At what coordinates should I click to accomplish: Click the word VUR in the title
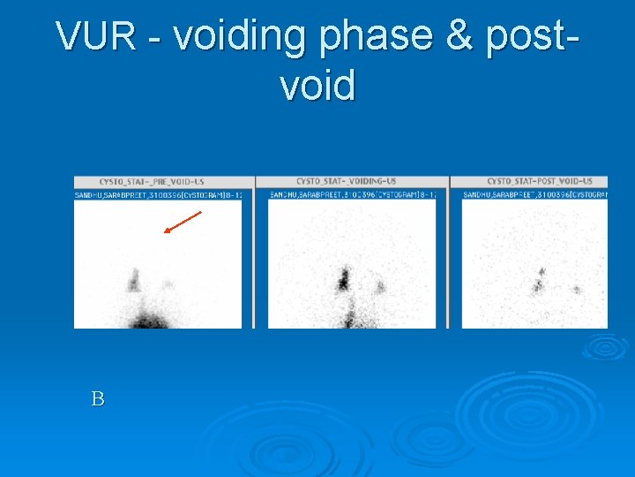[95, 37]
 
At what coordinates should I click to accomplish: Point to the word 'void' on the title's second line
[317, 87]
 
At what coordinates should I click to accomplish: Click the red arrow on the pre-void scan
[183, 223]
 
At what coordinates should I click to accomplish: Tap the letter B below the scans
[97, 399]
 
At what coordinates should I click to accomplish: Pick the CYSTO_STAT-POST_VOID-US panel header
[540, 181]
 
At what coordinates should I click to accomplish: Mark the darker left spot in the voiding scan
[343, 279]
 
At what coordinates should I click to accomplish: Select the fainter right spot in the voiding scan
[380, 285]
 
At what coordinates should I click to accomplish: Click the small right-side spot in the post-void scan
[577, 289]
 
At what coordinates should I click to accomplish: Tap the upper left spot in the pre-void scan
[134, 280]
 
